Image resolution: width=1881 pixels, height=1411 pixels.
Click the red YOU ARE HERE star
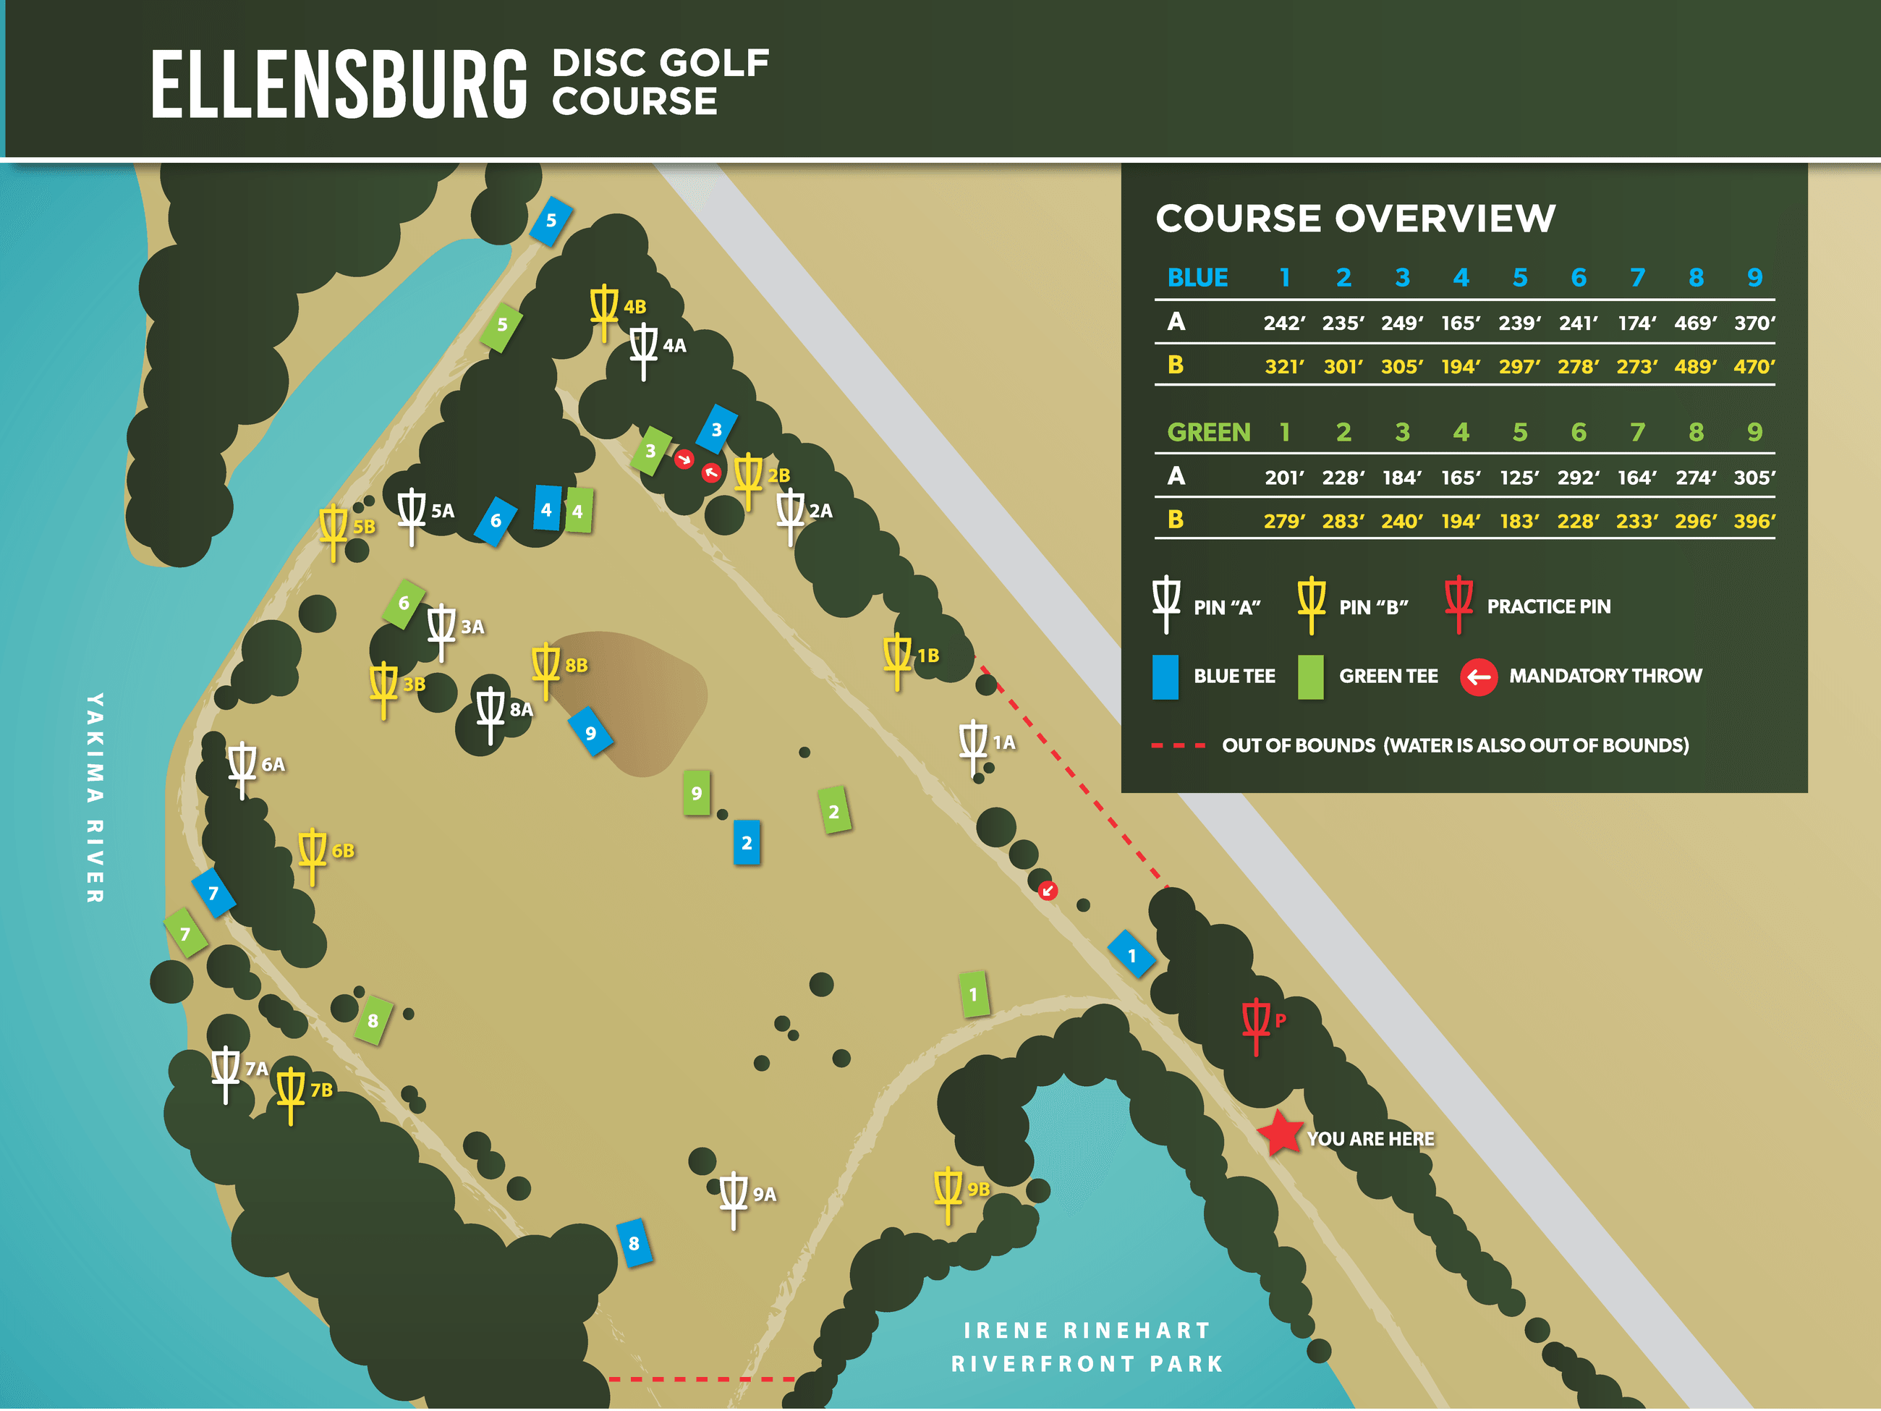point(1280,1133)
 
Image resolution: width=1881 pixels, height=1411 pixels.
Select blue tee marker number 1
point(1131,955)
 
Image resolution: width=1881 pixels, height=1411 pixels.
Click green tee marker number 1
point(974,993)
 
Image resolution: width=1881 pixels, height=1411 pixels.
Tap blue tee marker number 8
point(634,1242)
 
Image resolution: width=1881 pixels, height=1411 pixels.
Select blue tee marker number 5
point(551,220)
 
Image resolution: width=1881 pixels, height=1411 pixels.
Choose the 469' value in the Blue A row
point(1695,323)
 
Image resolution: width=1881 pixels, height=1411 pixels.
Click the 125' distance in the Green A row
point(1519,478)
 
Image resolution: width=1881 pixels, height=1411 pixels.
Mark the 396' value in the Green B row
point(1754,522)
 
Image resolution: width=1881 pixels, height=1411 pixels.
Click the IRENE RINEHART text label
point(1086,1329)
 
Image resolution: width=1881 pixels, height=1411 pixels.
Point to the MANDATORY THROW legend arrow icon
point(1478,677)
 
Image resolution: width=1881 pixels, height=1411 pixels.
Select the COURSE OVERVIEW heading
point(1356,219)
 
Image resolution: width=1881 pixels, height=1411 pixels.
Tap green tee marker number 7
point(185,933)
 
